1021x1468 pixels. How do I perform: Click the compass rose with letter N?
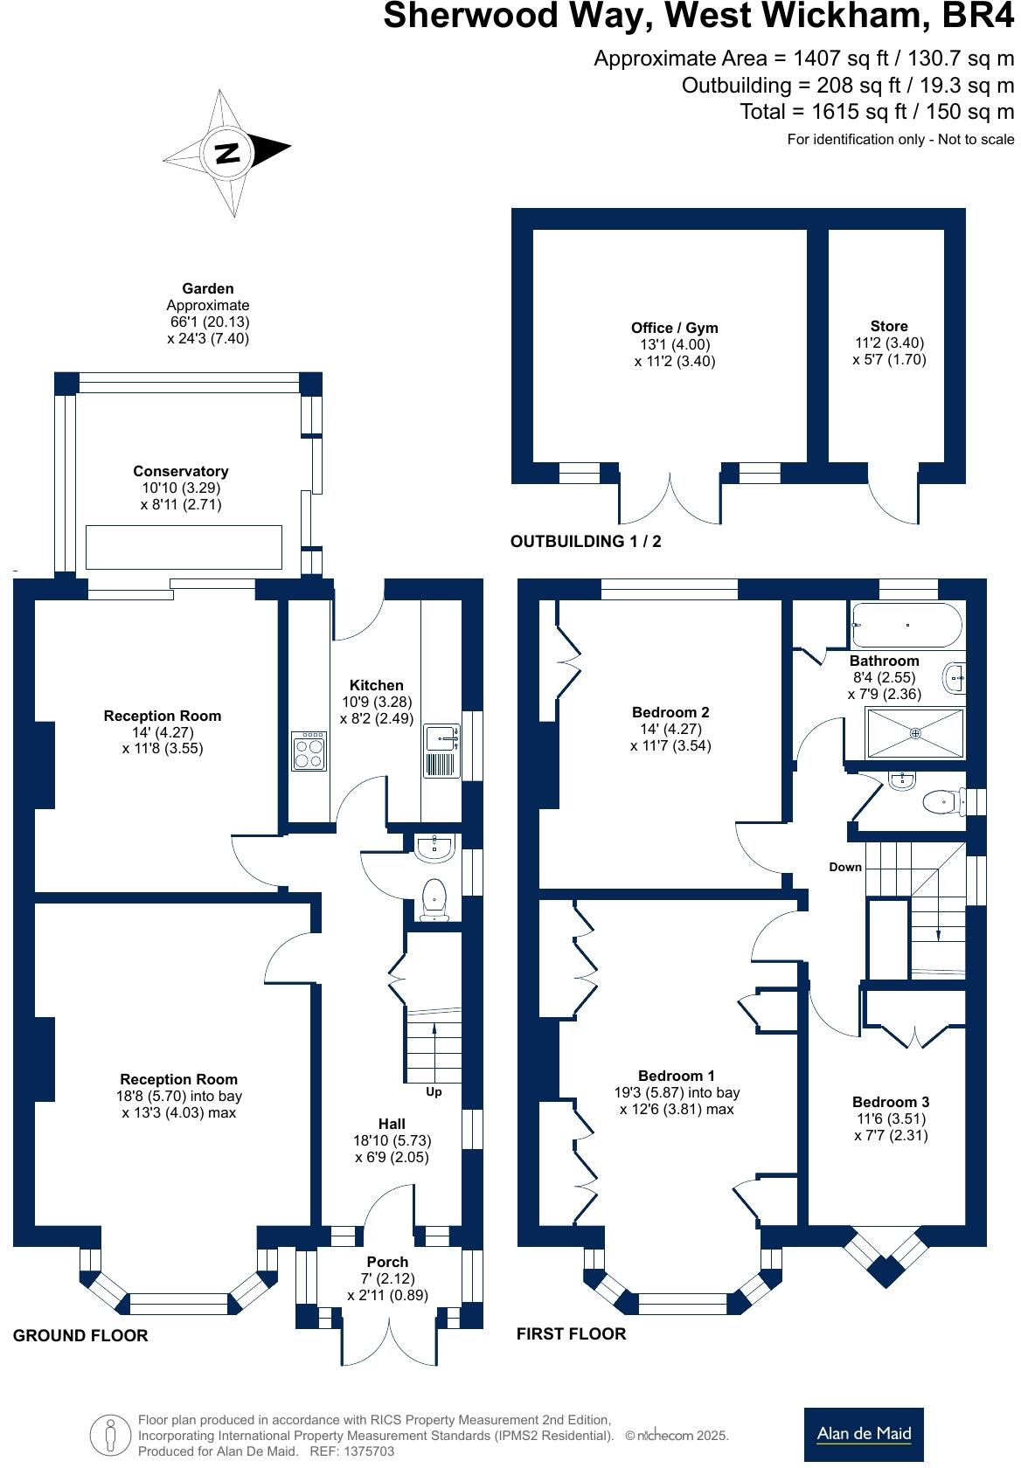(227, 154)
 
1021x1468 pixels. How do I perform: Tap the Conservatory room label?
(181, 471)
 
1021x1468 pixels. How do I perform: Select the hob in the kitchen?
(309, 751)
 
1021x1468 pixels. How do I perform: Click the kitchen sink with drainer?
(441, 751)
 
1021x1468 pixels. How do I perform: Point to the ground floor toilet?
(434, 900)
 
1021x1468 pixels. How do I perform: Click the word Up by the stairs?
(434, 1092)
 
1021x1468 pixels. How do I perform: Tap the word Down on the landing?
(845, 867)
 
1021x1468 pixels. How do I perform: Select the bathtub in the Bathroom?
(906, 626)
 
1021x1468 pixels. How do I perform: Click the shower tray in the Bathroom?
(915, 734)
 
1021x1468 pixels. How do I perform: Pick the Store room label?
(889, 326)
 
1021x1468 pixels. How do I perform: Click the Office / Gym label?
(674, 328)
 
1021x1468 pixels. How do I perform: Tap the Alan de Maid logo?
(864, 1434)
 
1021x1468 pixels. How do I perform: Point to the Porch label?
(387, 1262)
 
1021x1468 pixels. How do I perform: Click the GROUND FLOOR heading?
(80, 1335)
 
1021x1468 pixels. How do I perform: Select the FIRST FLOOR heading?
(571, 1333)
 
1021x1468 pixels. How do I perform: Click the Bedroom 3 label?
(891, 1102)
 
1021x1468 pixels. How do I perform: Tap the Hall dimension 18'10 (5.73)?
(392, 1140)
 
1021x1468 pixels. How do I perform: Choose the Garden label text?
(208, 288)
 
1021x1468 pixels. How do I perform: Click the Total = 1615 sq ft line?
(876, 112)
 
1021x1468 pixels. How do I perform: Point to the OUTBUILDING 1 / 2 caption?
(586, 541)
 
